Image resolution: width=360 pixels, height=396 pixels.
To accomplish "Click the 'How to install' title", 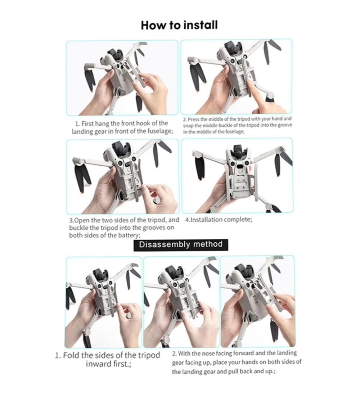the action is (x=179, y=25).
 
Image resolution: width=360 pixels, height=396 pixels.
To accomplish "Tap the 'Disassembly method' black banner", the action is (x=181, y=245).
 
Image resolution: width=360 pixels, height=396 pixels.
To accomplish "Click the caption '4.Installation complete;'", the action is (x=219, y=220).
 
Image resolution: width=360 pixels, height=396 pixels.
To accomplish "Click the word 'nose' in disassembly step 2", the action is (x=199, y=353).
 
